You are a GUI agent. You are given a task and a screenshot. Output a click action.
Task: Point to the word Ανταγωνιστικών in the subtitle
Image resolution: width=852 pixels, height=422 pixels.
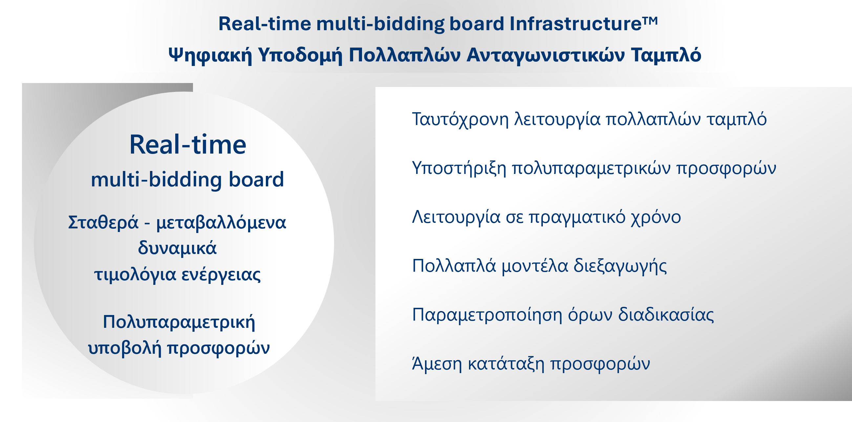tap(545, 55)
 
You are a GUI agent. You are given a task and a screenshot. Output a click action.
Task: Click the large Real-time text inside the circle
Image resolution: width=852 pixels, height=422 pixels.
tap(188, 144)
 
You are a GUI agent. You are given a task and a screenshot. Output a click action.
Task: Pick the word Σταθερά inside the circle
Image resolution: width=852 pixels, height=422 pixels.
tap(103, 222)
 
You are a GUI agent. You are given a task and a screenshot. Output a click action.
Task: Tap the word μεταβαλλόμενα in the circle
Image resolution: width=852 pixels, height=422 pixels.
tap(221, 222)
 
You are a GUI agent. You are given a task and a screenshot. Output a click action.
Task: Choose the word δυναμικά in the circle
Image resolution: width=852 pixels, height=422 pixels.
tap(177, 248)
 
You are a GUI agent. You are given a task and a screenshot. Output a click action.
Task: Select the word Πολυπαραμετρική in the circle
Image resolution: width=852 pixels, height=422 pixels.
tap(179, 322)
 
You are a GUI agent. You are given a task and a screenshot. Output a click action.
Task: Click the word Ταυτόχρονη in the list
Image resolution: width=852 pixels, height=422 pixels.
tap(460, 119)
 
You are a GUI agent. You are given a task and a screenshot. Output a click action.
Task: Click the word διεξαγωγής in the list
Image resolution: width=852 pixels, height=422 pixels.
tap(620, 266)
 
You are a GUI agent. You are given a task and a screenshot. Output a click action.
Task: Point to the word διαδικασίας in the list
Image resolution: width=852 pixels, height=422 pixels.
tap(666, 315)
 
